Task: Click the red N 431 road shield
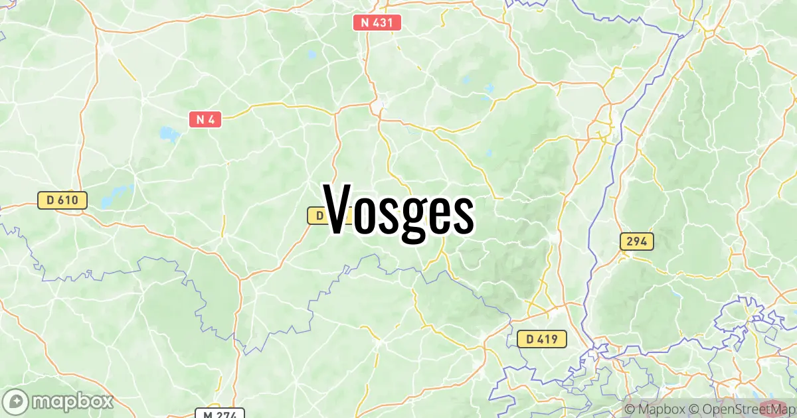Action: [x=377, y=23]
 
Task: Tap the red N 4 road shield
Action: [x=205, y=119]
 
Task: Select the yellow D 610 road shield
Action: [x=62, y=200]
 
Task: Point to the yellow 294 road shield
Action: [x=636, y=242]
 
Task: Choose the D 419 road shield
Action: [x=541, y=339]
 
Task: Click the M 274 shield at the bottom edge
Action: [x=220, y=413]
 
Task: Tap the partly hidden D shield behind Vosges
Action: [x=316, y=216]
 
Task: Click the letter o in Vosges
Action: [x=367, y=214]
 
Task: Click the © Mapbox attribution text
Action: [x=654, y=409]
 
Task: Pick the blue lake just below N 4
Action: [x=169, y=135]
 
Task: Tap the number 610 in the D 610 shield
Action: [x=69, y=200]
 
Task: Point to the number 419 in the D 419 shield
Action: [x=549, y=339]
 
